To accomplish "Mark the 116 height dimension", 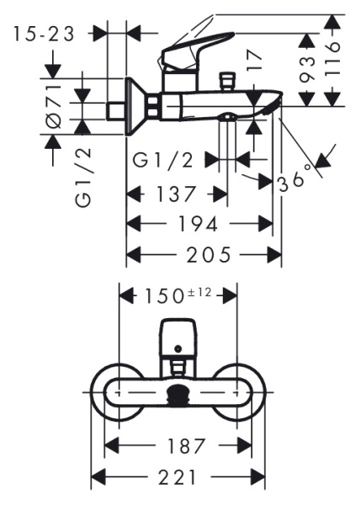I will click(333, 59).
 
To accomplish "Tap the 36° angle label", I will click(296, 179).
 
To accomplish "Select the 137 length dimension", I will click(177, 194).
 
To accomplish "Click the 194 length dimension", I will click(200, 224).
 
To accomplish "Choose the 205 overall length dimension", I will click(204, 254).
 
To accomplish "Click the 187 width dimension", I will click(178, 445).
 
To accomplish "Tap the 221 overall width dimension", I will click(178, 477).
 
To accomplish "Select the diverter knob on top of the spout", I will click(225, 82).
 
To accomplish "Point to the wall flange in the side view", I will click(135, 107).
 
